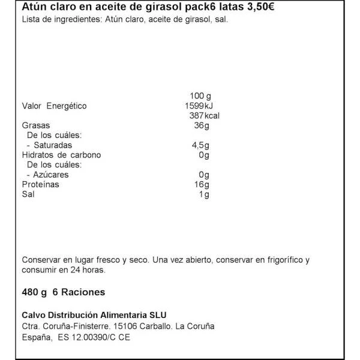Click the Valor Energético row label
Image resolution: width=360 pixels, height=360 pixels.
click(x=54, y=106)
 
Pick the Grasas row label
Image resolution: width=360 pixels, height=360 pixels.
click(x=35, y=126)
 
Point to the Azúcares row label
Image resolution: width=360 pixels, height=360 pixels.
click(x=51, y=174)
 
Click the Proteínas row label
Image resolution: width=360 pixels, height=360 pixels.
click(x=41, y=184)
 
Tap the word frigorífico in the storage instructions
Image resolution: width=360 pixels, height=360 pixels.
click(x=277, y=260)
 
